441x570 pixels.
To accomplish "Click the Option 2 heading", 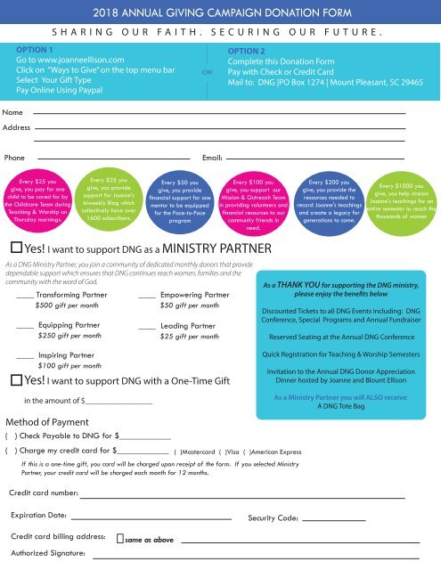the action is coord(250,52).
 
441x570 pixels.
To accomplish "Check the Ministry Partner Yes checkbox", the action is coord(16,248).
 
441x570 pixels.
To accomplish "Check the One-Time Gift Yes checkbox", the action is coord(16,380).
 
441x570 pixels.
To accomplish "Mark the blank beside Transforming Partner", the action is coord(26,294).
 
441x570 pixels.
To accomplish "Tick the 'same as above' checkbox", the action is coord(120,539).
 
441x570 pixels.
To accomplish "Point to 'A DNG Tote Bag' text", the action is coord(344,405).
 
